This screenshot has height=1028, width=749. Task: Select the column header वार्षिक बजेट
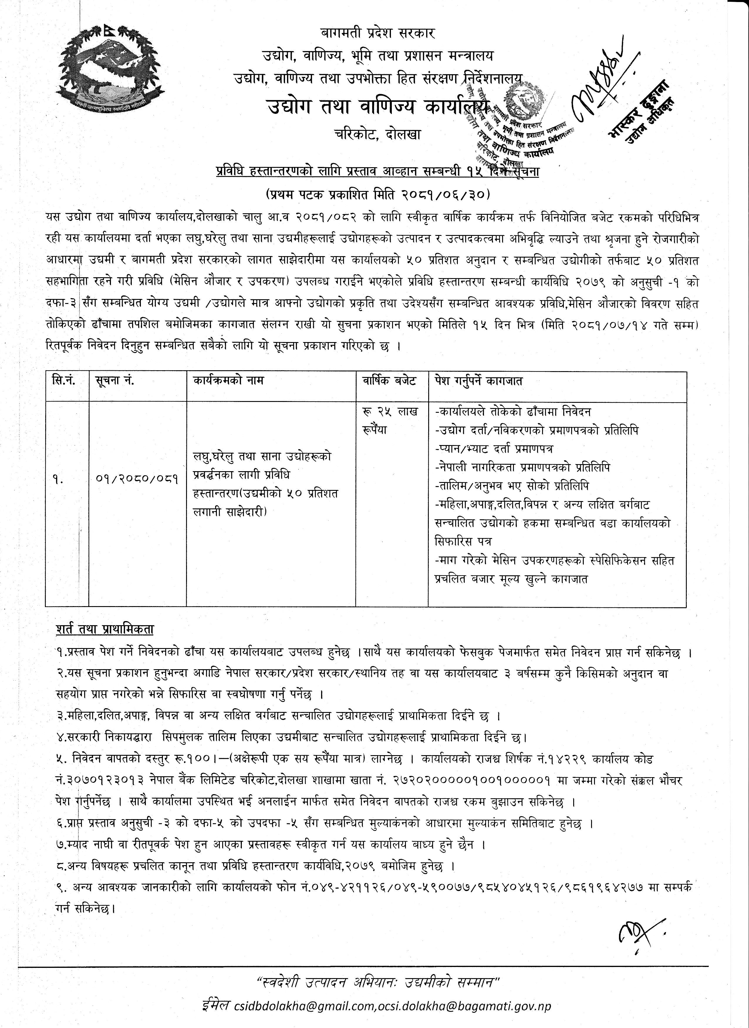click(x=389, y=381)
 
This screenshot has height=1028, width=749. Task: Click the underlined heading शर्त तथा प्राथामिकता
click(x=105, y=630)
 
